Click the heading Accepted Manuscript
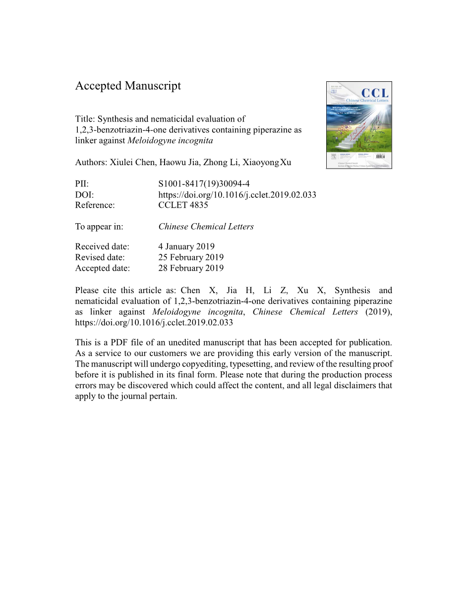point(128,86)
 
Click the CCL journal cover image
point(359,125)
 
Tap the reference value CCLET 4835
point(183,205)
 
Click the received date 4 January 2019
point(186,246)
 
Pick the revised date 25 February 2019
point(191,257)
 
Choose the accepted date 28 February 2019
point(191,268)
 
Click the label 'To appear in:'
point(99,227)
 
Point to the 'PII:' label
point(82,183)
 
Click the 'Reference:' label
point(95,205)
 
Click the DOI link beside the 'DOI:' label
point(237,194)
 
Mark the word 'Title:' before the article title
point(85,119)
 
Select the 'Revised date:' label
point(100,257)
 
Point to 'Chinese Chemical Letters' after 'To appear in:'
point(206,227)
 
